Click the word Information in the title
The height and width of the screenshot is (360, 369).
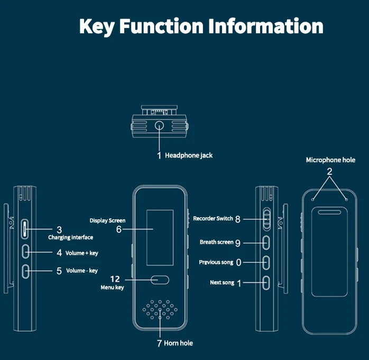pyautogui.click(x=266, y=26)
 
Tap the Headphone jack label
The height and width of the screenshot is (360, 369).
pyautogui.click(x=189, y=155)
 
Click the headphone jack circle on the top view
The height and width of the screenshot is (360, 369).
pyautogui.click(x=159, y=125)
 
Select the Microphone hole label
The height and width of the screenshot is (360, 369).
pyautogui.click(x=330, y=160)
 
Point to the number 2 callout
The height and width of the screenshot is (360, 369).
pyautogui.click(x=329, y=171)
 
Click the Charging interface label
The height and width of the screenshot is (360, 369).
pyautogui.click(x=71, y=237)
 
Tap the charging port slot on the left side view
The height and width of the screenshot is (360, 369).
pyautogui.click(x=25, y=229)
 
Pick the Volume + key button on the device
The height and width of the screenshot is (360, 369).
pyautogui.click(x=25, y=252)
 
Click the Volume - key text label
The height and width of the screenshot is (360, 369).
pyautogui.click(x=82, y=271)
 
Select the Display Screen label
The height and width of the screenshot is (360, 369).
pyautogui.click(x=107, y=220)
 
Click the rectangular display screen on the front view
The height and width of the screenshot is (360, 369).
pyautogui.click(x=160, y=238)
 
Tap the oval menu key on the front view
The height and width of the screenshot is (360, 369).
pyautogui.click(x=160, y=280)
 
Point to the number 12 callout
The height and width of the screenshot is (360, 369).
pyautogui.click(x=115, y=279)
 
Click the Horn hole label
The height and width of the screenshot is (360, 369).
pyautogui.click(x=178, y=343)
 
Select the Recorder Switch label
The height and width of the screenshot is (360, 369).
pyautogui.click(x=213, y=218)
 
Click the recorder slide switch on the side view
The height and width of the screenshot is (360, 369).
pyautogui.click(x=266, y=219)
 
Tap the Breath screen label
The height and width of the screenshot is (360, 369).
pyautogui.click(x=217, y=242)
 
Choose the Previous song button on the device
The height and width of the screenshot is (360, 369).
pyautogui.click(x=266, y=262)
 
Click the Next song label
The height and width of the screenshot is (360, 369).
pyautogui.click(x=222, y=282)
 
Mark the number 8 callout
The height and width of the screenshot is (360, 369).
pyautogui.click(x=238, y=219)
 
